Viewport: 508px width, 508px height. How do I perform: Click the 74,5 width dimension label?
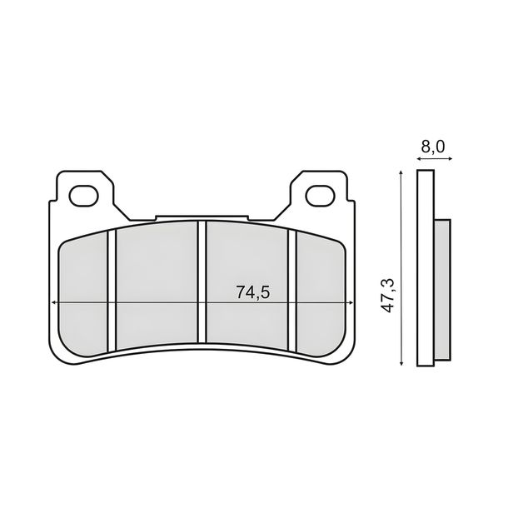pos(252,292)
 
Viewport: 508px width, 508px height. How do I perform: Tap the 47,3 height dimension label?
pos(388,295)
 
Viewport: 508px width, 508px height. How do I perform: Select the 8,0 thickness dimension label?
pos(433,147)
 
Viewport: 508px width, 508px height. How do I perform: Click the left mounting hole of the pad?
pos(83,196)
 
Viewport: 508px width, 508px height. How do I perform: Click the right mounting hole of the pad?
pos(321,196)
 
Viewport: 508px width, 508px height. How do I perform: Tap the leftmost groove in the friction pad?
pos(112,291)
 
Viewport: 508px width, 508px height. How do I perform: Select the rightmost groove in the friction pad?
pos(292,291)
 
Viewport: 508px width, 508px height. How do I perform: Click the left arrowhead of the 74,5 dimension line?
pos(54,302)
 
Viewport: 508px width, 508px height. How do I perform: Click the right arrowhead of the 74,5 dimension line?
pos(351,302)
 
